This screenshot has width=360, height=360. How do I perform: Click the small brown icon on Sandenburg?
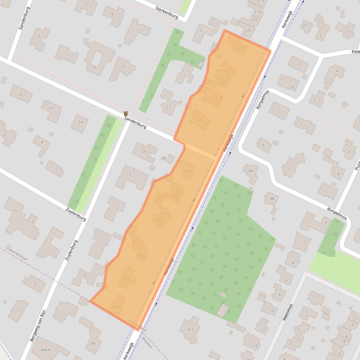point(126,114)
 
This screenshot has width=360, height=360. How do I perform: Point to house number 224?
point(240,48)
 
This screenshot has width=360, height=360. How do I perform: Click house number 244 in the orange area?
point(200,120)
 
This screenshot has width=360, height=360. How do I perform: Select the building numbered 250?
point(188,171)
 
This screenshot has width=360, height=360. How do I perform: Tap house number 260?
point(140,255)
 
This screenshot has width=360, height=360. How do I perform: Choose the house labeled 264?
point(116,307)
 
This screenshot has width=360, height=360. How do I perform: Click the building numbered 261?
point(190,329)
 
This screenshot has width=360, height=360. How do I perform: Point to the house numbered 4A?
point(250,171)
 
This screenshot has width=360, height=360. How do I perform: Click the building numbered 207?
point(306,25)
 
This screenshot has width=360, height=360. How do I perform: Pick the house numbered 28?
point(163,158)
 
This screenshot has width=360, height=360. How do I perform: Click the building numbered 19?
point(94,67)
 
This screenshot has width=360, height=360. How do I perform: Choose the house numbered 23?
point(169,108)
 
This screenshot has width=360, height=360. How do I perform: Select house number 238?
point(219,98)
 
